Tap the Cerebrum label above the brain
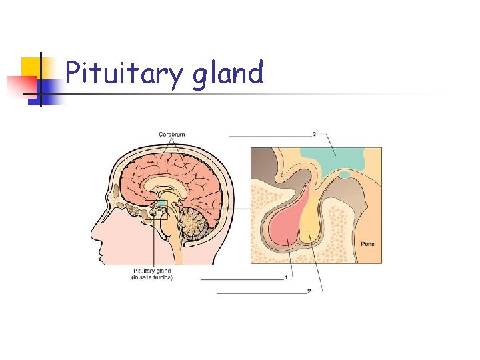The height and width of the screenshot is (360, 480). [171, 135]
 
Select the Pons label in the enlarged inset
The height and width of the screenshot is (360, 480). [367, 244]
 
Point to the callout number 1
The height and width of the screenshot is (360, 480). [286, 277]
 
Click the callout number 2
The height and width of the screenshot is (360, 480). [309, 291]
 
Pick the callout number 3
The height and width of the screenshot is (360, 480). [315, 135]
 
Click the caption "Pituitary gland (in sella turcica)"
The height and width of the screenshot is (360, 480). [152, 274]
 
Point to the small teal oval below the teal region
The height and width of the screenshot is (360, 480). [345, 175]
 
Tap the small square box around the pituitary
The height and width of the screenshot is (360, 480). [157, 211]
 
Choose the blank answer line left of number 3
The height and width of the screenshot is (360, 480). [270, 136]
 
